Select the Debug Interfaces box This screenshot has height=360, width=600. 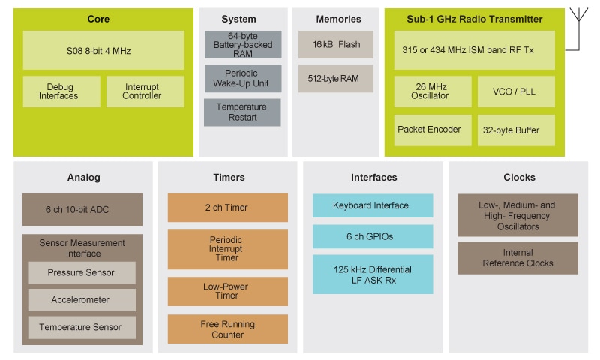click(x=61, y=91)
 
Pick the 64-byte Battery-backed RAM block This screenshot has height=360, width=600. click(x=242, y=45)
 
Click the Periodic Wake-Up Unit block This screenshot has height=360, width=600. click(x=242, y=78)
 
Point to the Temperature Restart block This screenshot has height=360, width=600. click(x=242, y=112)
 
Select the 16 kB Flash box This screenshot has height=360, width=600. click(x=335, y=45)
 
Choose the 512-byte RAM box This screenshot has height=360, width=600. click(x=335, y=78)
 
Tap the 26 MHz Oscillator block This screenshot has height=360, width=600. click(x=433, y=91)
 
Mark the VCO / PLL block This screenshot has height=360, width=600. click(x=516, y=91)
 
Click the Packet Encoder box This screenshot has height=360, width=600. click(x=433, y=130)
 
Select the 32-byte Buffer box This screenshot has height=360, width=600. click(x=516, y=130)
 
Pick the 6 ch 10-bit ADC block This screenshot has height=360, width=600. click(x=82, y=209)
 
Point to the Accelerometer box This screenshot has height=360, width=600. click(x=82, y=299)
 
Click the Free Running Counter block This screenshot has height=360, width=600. click(x=227, y=329)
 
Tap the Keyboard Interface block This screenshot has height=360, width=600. click(x=372, y=205)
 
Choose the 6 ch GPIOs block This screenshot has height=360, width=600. click(x=372, y=236)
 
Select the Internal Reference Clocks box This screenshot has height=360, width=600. click(x=517, y=257)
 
